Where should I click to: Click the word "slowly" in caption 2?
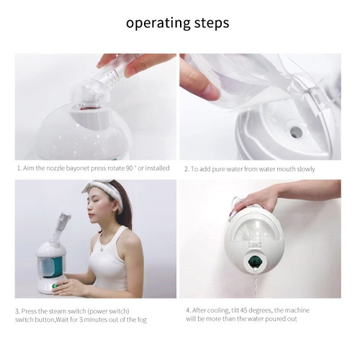[302, 169]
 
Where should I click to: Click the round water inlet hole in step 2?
[296, 132]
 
